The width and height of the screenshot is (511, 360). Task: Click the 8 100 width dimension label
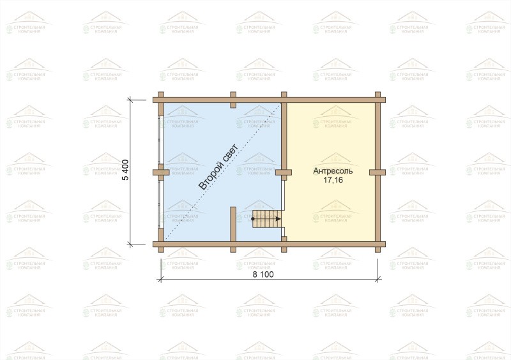[x=263, y=274]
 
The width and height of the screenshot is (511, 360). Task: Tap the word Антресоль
[x=333, y=171]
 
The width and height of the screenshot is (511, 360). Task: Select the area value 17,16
[x=333, y=180]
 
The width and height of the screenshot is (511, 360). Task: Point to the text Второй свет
[x=218, y=167]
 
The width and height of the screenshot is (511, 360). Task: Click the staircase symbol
[x=266, y=219]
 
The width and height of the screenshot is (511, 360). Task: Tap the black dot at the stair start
[x=253, y=219]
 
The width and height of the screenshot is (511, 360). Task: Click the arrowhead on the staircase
[x=278, y=219]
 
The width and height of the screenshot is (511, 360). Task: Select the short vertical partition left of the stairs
[x=233, y=224]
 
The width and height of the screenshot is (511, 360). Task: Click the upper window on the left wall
[x=160, y=139]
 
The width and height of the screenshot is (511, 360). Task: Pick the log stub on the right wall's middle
[x=378, y=172]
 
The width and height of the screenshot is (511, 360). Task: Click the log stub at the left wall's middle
[x=161, y=172]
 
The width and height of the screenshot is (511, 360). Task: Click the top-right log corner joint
[x=378, y=100]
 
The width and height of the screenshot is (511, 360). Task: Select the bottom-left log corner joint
[x=161, y=244]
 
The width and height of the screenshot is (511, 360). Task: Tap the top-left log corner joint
[x=161, y=100]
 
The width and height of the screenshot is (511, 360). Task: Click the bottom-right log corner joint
[x=378, y=244]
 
